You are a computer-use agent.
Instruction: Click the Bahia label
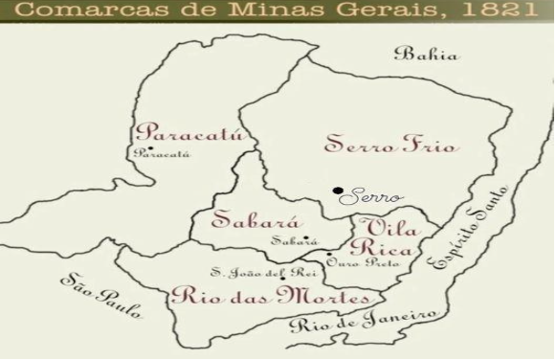430,56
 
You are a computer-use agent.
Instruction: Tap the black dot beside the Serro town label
338,191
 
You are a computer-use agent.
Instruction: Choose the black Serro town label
372,195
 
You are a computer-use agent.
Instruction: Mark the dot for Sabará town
306,238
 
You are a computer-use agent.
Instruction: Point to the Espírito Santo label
463,228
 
